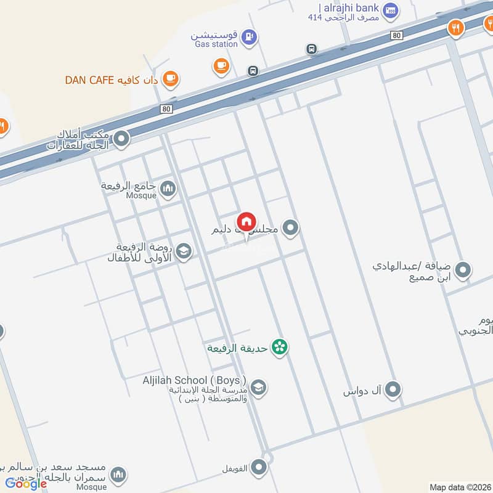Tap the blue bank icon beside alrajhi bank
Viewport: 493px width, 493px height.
390,10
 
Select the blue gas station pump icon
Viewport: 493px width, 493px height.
249,38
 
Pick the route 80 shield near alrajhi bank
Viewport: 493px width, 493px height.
396,36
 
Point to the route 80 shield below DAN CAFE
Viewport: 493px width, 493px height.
166,108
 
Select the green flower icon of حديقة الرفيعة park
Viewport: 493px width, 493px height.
280,348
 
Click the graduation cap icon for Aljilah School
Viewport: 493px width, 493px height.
259,386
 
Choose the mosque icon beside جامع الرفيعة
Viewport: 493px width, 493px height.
168,188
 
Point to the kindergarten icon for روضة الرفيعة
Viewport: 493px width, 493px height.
183,251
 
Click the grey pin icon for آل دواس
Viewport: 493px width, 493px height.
393,389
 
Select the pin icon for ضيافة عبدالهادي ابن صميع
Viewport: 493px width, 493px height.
463,270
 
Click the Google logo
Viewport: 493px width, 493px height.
26,483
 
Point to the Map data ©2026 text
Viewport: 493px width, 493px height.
460,487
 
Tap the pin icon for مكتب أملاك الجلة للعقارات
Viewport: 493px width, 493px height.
121,139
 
